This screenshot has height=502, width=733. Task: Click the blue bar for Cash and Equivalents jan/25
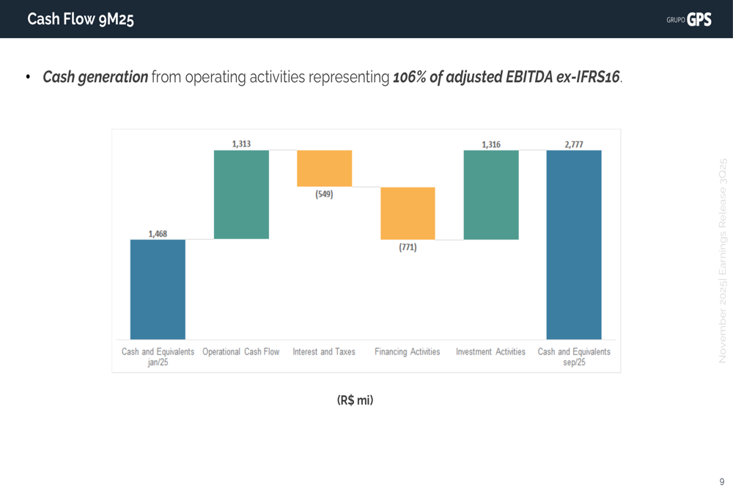tap(158, 289)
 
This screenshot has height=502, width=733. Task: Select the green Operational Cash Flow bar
tap(241, 194)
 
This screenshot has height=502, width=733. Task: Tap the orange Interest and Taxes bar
tap(324, 168)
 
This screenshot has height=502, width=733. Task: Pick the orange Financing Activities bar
tap(408, 213)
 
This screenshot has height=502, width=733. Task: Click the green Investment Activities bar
tap(491, 194)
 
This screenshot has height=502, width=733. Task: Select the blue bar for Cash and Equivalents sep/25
tap(574, 244)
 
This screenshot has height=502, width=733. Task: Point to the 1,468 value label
tap(158, 234)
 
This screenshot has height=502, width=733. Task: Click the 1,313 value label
tap(241, 144)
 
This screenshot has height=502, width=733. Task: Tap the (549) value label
tap(324, 195)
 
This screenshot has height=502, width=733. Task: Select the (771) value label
tap(408, 248)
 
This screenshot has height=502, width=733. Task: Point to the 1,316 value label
tap(491, 144)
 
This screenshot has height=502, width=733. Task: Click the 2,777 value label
tap(574, 144)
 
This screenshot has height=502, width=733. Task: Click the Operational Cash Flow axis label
tap(241, 352)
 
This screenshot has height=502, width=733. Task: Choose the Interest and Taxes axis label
tap(324, 352)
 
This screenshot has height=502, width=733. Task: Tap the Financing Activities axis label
tap(408, 352)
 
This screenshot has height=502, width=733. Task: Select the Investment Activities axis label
tap(491, 352)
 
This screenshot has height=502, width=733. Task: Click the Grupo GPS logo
tap(689, 20)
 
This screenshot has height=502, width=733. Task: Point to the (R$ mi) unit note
tap(355, 400)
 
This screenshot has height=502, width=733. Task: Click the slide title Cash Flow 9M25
tap(81, 20)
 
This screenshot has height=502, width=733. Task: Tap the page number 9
tap(721, 481)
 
